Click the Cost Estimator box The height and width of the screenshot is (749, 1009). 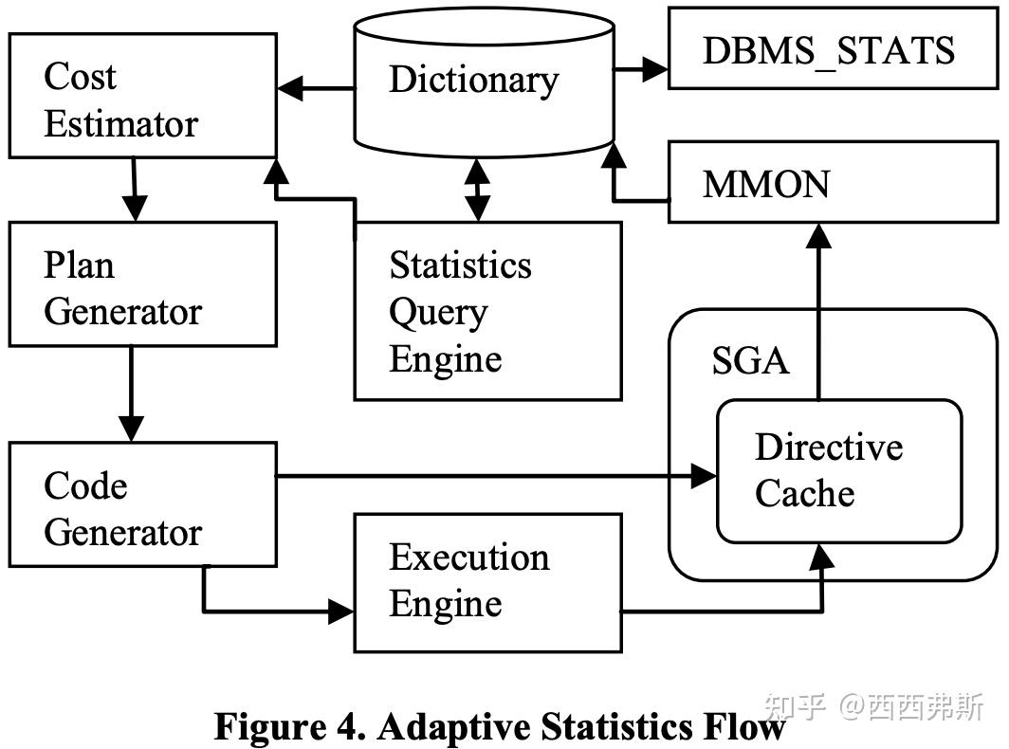[x=142, y=96]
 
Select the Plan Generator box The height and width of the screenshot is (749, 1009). [x=142, y=284]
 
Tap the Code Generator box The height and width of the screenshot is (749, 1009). [x=142, y=504]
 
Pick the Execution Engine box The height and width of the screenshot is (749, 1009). [x=487, y=582]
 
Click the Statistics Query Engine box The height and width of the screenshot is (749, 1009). [x=487, y=311]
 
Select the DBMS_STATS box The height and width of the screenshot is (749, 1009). [x=828, y=48]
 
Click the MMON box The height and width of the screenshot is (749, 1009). [x=828, y=182]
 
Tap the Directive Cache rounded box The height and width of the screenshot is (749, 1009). [x=839, y=471]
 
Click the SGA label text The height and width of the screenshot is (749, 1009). [x=750, y=361]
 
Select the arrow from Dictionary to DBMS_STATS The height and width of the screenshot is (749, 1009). [x=642, y=68]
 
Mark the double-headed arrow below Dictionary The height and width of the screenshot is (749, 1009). [x=478, y=190]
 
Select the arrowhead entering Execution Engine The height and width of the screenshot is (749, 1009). [x=341, y=612]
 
